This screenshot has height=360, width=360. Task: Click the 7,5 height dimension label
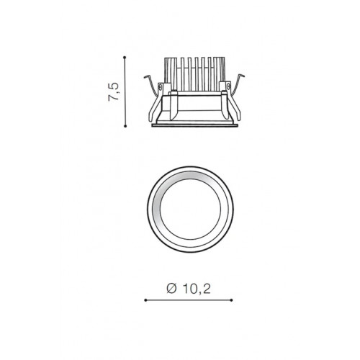pos(113,91)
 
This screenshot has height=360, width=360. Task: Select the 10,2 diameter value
pos(197,289)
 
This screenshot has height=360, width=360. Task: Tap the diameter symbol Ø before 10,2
pos(171,289)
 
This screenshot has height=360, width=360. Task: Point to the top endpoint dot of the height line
pos(125,58)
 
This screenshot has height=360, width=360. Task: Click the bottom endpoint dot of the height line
pos(125,126)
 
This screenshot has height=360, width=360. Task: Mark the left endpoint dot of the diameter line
pos(145,300)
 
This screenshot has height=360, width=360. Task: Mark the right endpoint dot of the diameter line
pos(232,300)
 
